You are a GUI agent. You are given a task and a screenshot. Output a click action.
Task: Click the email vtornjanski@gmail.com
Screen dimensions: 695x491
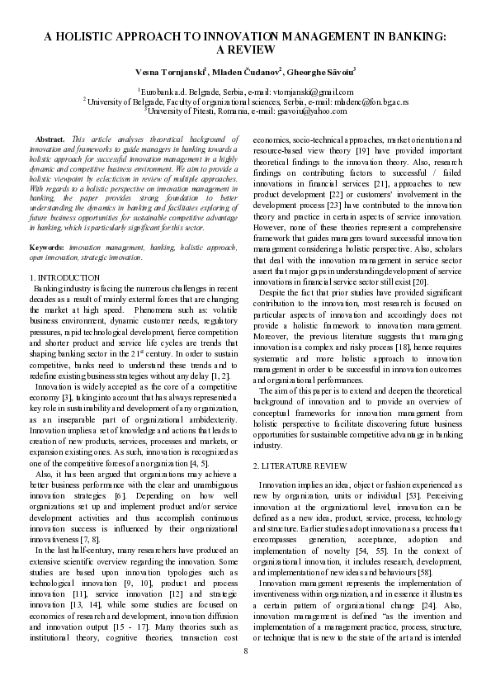click(x=313, y=92)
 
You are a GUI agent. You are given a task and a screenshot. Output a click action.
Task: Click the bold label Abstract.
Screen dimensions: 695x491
click(x=52, y=140)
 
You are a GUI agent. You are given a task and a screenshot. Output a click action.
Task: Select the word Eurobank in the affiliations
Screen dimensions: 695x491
click(x=158, y=92)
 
